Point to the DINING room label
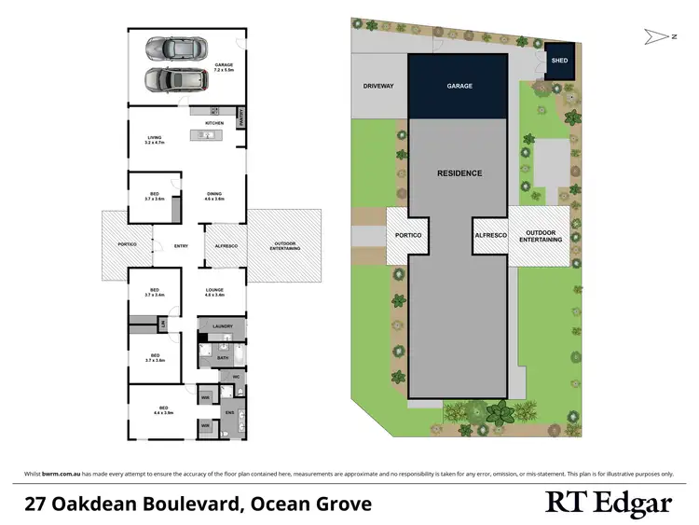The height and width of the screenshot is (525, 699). coord(214,197)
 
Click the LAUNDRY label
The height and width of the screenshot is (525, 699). coord(222,326)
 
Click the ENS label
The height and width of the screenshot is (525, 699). coord(229,411)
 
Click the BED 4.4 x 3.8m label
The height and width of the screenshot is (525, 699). coord(163,410)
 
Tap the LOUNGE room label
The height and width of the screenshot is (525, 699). coord(215,293)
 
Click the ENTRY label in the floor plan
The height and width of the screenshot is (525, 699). coord(181,246)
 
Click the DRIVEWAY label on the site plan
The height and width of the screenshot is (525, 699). coord(378,86)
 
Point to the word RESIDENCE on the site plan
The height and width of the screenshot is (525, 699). coord(460,173)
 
